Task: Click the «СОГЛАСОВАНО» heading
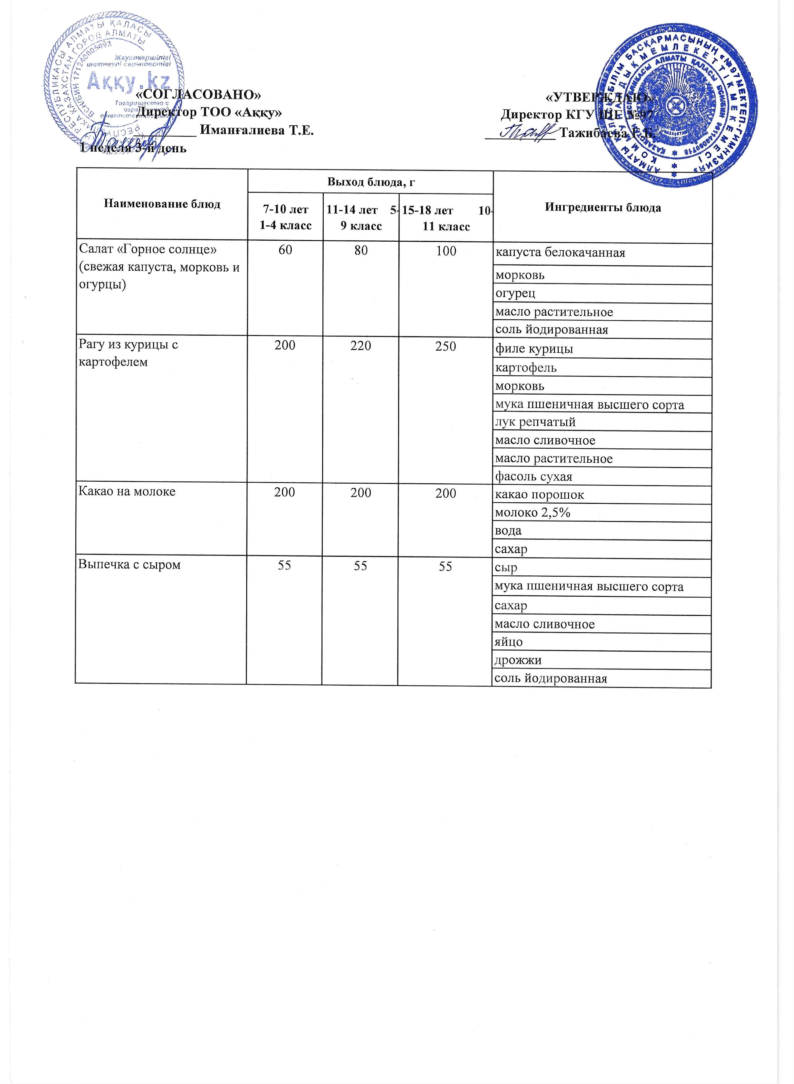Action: coord(199,94)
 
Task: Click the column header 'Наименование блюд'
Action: coord(162,204)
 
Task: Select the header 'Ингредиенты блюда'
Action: coord(603,207)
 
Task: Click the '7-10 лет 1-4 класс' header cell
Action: coord(286,217)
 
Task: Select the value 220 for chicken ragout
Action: coord(360,346)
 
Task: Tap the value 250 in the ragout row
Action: coord(446,346)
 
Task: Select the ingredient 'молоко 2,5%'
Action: coord(532,512)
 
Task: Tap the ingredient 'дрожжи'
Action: coord(518,660)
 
